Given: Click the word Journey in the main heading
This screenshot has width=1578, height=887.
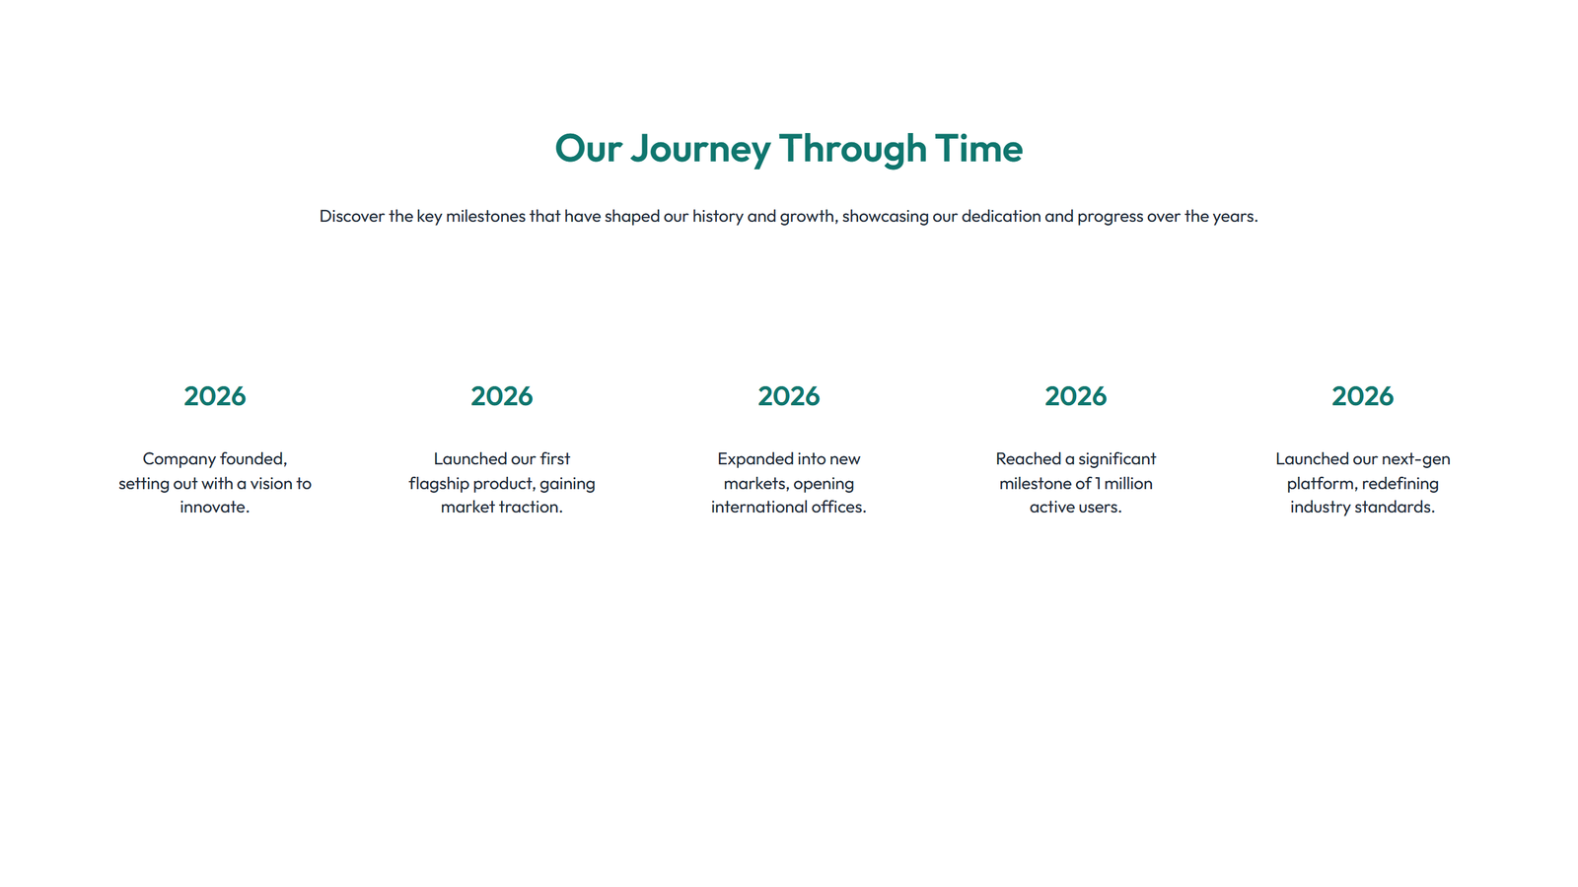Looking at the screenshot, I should coord(700,149).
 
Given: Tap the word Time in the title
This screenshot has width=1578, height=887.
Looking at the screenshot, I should coord(978,149).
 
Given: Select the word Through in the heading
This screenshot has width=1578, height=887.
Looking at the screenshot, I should coord(852,149).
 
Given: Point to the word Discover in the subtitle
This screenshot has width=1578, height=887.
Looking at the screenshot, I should coord(351,216).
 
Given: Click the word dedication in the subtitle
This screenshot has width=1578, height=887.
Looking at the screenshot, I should coord(1001,216).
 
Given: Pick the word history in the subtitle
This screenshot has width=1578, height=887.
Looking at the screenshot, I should coord(717,216).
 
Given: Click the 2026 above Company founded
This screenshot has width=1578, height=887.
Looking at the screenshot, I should coord(215,396).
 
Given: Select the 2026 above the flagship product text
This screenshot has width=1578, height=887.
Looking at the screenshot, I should coord(502,396).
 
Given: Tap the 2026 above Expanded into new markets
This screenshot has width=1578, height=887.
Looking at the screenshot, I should coord(789,396).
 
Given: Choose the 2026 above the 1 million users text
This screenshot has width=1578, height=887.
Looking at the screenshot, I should coord(1076,396).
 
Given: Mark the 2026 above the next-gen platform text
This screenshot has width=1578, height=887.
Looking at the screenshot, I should coord(1363,396).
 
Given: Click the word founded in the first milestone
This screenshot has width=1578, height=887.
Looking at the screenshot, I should coord(253,459).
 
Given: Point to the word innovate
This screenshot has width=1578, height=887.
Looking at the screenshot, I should coord(214,508).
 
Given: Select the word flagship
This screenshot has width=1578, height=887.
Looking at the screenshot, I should coord(439,484).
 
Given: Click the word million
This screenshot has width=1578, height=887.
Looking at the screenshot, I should coord(1128,484).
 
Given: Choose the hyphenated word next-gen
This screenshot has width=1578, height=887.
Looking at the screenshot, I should coord(1416,459).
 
